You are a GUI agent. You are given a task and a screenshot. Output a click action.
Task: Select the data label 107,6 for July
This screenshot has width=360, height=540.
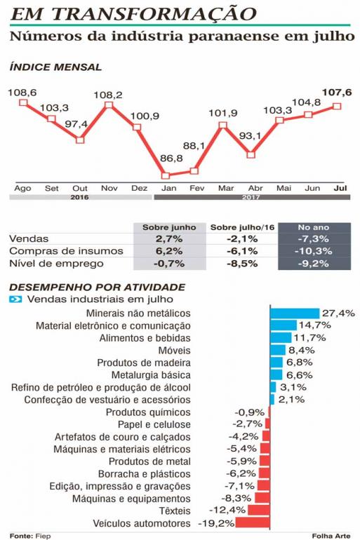pos(337,93)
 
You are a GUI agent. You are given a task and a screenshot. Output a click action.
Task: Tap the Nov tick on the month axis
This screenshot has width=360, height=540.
pos(109,188)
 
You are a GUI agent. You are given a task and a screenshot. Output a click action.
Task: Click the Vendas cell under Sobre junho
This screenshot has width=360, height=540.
pos(169,238)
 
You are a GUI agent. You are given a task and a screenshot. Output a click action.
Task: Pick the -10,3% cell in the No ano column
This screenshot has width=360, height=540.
pos(314,251)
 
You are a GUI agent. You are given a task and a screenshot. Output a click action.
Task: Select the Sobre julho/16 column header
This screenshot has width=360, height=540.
pos(242,227)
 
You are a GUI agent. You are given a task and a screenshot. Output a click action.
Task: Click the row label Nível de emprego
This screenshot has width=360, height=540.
pos(56,264)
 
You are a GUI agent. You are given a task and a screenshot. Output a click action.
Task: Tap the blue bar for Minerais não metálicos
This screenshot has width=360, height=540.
pos(295,313)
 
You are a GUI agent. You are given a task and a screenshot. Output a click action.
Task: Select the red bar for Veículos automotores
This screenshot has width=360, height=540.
pos(253,522)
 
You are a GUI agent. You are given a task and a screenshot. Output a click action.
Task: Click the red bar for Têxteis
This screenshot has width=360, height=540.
pos(259,510)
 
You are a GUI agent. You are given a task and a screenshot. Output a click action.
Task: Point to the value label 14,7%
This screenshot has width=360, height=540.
pos(314,325)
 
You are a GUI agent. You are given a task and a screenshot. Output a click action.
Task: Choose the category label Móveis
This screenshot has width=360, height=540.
pos(174,350)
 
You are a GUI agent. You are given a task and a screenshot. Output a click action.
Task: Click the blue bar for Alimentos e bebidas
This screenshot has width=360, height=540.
pos(281,338)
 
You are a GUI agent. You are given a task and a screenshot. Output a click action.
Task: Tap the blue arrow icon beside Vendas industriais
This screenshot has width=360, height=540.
pos(15,299)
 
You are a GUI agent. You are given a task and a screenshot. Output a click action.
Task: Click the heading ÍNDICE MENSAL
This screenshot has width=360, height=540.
pos(55,67)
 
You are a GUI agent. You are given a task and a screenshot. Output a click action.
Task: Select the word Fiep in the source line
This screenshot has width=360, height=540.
pos(43,536)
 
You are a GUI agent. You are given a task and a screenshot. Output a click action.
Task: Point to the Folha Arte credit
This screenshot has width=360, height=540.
pos(331,536)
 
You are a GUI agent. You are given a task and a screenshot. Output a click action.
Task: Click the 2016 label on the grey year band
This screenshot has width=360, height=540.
pos(79,197)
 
